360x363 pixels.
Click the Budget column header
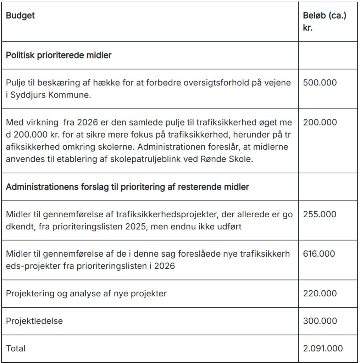(20, 16)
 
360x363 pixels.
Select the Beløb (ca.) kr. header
(324, 22)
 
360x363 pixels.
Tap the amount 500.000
(320, 83)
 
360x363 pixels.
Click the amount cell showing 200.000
(320, 123)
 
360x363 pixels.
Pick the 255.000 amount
(320, 214)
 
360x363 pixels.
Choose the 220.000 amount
(320, 294)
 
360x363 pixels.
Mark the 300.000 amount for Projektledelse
(320, 321)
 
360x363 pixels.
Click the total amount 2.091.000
(323, 348)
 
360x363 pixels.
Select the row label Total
(16, 348)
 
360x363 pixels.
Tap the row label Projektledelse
(34, 321)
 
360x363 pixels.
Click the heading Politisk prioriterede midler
(59, 56)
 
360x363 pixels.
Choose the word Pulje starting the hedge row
(14, 83)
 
